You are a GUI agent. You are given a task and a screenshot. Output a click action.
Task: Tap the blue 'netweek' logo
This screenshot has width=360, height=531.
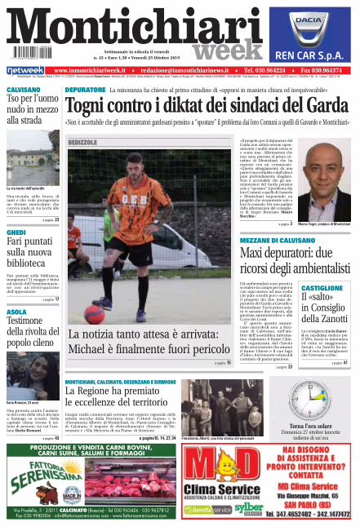point(24,71)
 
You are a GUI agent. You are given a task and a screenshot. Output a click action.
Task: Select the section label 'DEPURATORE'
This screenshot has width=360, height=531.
point(85,88)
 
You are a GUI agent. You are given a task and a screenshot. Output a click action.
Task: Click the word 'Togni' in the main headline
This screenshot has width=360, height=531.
point(91,107)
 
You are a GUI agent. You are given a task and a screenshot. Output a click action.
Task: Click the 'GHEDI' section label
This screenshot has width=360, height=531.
point(16,232)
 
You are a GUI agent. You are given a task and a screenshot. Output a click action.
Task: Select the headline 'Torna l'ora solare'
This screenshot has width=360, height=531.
point(313,427)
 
